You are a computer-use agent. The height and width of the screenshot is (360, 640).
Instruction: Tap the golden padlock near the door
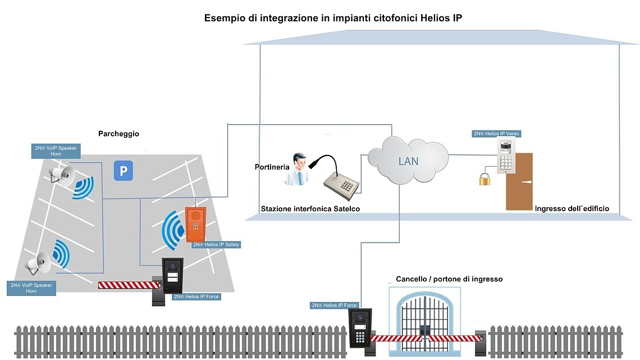(485, 179)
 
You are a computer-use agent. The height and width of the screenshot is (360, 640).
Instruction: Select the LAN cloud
(408, 160)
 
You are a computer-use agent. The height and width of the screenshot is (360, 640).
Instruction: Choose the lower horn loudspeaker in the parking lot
(39, 262)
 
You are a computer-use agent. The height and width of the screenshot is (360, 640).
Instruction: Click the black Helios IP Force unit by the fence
(359, 327)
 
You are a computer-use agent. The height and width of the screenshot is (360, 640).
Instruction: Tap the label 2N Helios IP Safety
(216, 244)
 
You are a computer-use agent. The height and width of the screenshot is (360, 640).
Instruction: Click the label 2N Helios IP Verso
(497, 134)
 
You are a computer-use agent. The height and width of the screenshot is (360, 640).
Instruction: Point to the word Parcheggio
(118, 134)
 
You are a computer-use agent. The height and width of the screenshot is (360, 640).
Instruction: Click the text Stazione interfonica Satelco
(310, 209)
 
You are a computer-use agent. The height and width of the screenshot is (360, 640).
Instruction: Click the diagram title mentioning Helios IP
(333, 19)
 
